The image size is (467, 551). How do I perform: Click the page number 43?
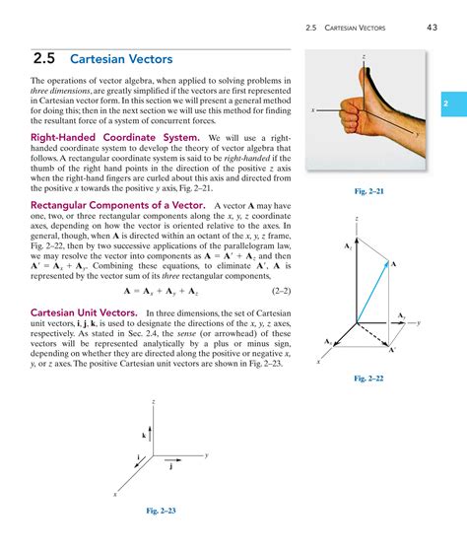pyautogui.click(x=433, y=27)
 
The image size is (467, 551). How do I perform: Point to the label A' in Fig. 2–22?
pyautogui.click(x=392, y=350)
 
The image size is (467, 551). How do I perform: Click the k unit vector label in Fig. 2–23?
pyautogui.click(x=144, y=435)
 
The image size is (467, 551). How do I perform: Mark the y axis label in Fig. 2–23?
pyautogui.click(x=207, y=454)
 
